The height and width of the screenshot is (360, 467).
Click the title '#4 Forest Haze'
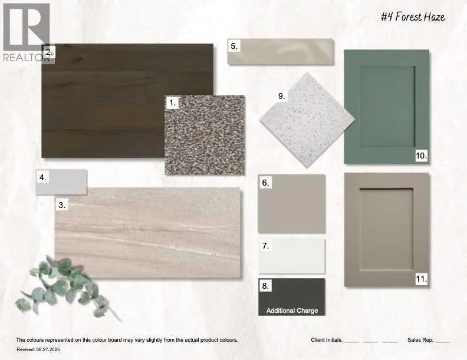point(413,17)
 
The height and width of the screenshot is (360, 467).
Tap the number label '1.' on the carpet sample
point(172,103)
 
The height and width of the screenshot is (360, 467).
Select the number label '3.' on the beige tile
point(62,205)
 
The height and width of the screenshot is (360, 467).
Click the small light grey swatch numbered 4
point(62,182)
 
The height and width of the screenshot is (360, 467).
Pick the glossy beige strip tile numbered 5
point(281,51)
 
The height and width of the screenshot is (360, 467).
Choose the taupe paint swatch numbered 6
point(291,204)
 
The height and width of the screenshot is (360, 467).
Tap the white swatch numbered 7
point(292,256)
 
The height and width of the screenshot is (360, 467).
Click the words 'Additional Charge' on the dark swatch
point(292,311)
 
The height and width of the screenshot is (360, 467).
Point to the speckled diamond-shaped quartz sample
point(307,120)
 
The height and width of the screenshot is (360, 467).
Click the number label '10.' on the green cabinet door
point(422,156)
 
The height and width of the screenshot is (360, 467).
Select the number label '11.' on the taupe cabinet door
point(422,279)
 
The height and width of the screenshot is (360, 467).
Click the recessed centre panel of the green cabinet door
point(387,107)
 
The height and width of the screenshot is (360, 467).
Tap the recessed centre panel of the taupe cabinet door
point(386,229)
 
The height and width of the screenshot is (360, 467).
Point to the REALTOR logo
point(27,32)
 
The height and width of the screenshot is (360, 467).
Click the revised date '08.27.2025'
point(48,349)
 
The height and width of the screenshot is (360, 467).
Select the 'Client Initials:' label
point(327,340)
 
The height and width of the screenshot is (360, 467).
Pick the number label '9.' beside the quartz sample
point(282,97)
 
